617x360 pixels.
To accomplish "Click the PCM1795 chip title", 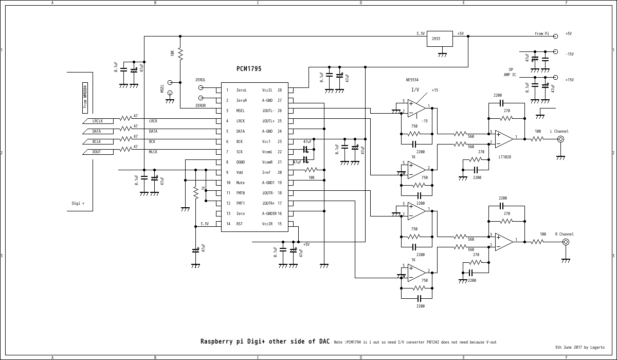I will pos(249,68).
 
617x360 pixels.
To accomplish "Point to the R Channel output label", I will pos(564,234).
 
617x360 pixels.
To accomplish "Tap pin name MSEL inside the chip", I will pos(241,111).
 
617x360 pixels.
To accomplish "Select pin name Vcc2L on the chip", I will pos(268,90).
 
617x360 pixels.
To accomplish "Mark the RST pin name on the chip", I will pos(240,224).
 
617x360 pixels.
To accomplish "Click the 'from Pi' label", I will pos(542,33).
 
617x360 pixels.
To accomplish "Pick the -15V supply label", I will pos(569,54).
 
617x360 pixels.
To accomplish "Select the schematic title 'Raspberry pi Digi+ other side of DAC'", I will pos(265,341).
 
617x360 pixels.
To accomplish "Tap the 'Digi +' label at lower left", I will pos(78,203).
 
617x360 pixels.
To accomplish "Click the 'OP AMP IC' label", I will pos(510,72).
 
